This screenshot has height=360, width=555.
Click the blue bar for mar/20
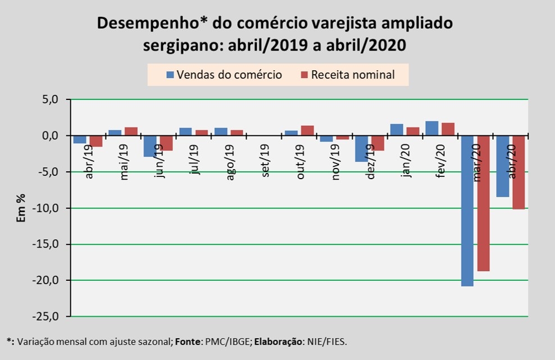pos(467,211)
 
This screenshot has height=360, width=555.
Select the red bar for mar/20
pos(483,203)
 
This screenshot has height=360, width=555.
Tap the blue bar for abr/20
pos(502,166)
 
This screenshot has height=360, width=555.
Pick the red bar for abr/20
pos(518,172)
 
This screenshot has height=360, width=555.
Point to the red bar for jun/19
pos(166,143)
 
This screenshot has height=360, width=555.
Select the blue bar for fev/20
pos(432,129)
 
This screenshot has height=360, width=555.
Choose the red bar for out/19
pos(307,131)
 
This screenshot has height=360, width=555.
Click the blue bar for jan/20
pos(397,130)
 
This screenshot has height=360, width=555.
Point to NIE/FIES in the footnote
pos(333,341)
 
